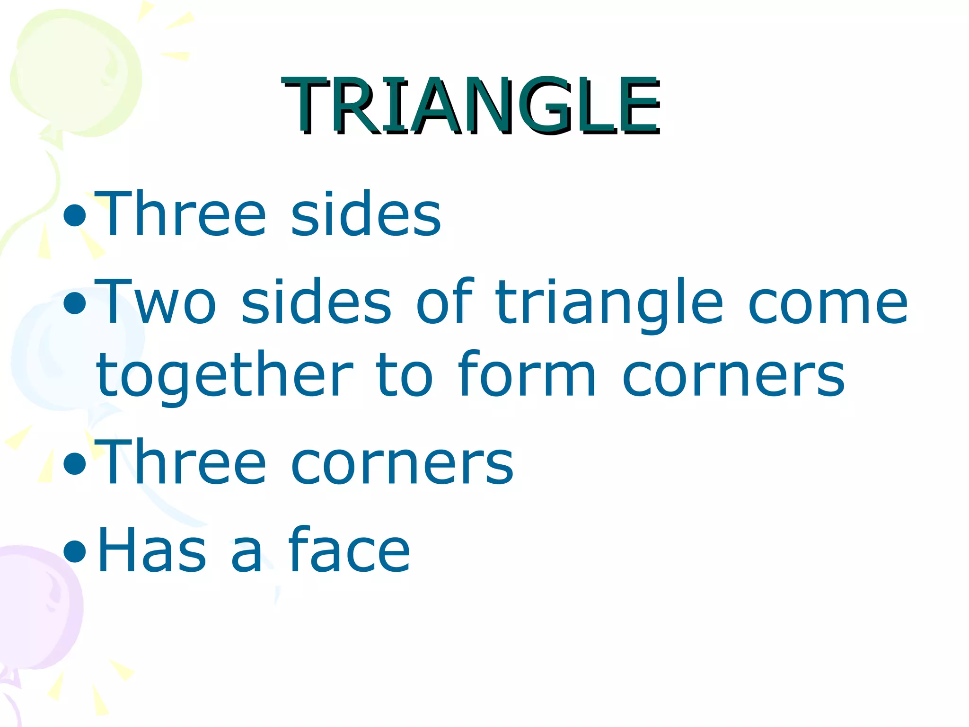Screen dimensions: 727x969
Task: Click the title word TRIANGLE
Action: tap(471, 105)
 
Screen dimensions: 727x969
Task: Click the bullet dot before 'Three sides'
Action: tap(75, 215)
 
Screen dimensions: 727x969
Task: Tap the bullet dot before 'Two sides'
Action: tap(75, 304)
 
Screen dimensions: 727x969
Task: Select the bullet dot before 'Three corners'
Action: tap(75, 464)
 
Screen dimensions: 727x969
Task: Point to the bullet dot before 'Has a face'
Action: tap(75, 551)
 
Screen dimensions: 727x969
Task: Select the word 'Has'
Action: tap(151, 550)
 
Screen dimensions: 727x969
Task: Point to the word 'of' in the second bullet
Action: tap(445, 302)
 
